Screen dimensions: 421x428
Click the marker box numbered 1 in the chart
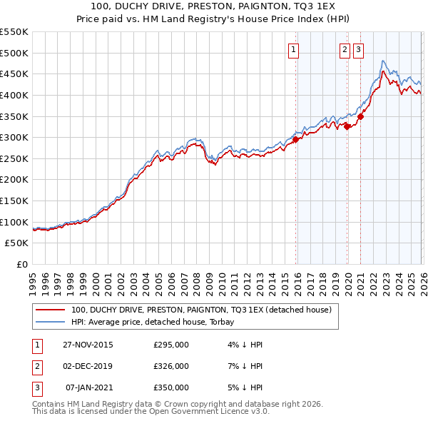click(x=294, y=49)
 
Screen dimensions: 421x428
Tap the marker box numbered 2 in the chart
click(x=345, y=49)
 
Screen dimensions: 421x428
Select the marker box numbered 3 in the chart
click(x=357, y=49)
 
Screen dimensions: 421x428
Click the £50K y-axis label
click(x=17, y=243)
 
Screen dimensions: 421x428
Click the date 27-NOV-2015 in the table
click(x=88, y=345)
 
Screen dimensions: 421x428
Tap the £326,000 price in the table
click(x=171, y=366)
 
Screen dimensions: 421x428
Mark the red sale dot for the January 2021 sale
click(x=361, y=117)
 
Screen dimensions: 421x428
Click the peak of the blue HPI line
click(x=384, y=61)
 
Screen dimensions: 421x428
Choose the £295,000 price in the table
click(x=171, y=345)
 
